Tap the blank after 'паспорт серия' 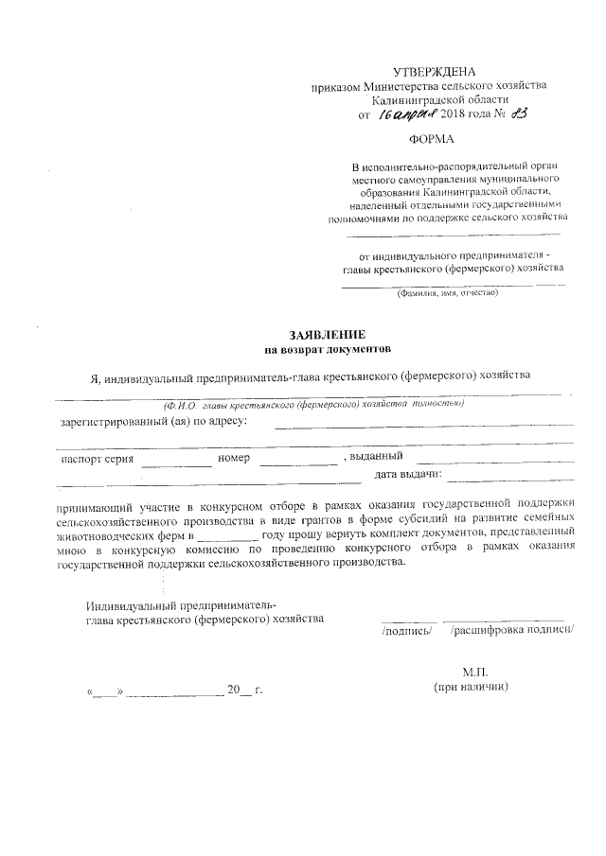tap(176, 461)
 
